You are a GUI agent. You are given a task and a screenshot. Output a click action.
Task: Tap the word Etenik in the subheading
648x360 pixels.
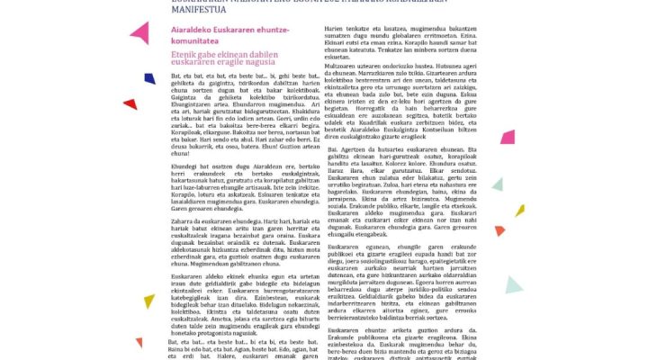184,55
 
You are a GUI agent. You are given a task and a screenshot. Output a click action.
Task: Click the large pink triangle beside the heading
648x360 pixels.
140,34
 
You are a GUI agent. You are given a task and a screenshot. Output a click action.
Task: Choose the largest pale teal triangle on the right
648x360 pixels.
513,286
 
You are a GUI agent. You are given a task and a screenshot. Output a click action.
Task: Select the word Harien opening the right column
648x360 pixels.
335,29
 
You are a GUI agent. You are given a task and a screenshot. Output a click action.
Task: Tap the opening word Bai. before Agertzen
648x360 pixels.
332,148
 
